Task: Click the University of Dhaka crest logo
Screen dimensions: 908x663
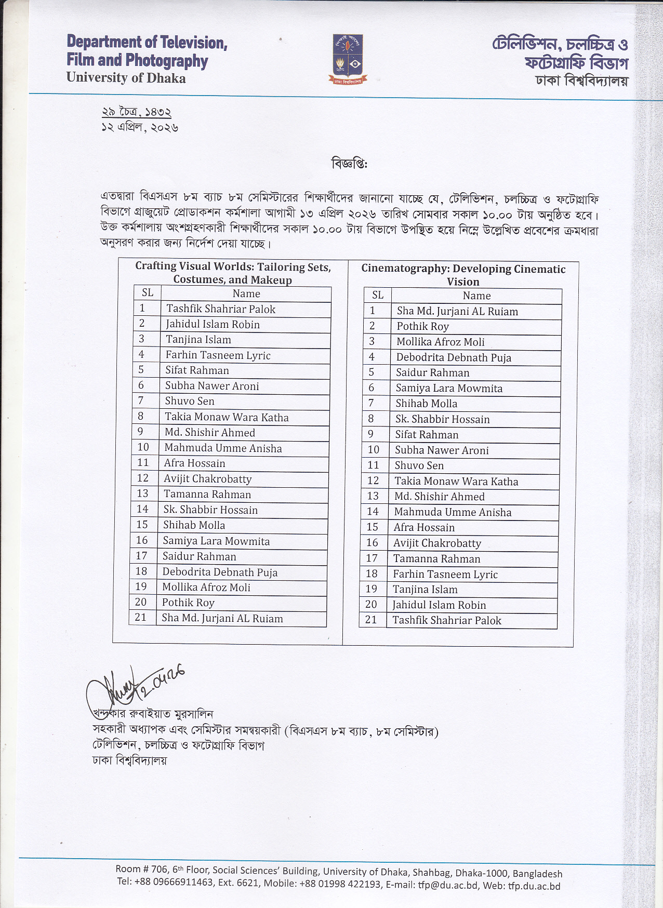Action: click(x=348, y=59)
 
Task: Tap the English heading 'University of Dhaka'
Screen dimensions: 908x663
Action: click(x=126, y=78)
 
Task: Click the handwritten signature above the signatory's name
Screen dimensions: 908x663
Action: click(x=132, y=686)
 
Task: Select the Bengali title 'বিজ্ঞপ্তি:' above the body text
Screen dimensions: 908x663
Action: click(x=349, y=164)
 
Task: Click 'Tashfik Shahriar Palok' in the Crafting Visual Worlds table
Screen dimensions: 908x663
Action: click(x=221, y=309)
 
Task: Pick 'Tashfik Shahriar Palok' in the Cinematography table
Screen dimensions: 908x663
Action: click(x=447, y=620)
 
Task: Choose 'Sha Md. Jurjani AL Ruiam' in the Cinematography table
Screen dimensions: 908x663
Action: click(x=457, y=311)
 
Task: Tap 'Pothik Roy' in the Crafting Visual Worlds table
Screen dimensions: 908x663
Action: click(x=188, y=603)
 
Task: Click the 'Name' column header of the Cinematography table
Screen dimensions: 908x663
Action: click(x=476, y=296)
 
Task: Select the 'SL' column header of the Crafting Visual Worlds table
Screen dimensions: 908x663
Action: click(x=148, y=293)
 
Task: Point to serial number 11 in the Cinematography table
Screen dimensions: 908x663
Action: click(x=373, y=465)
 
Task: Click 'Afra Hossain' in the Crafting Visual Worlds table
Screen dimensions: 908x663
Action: click(x=195, y=463)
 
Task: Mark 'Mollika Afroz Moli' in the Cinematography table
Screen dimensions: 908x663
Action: click(x=441, y=342)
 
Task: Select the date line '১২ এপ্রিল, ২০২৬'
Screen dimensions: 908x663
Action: click(x=140, y=128)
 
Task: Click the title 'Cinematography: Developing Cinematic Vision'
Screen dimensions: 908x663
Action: click(x=463, y=275)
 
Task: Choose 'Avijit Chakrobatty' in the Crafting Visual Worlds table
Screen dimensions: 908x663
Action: click(x=208, y=479)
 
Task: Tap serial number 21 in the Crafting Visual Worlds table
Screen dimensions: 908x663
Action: click(x=140, y=617)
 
